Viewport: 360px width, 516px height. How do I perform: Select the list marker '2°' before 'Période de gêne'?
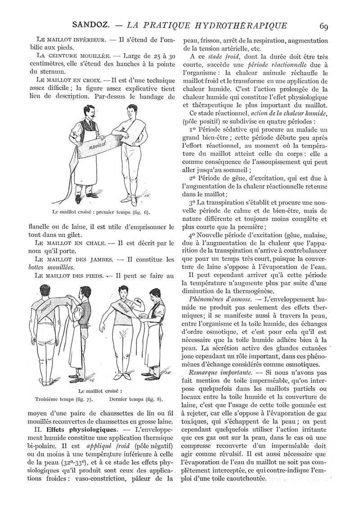(x=194, y=178)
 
